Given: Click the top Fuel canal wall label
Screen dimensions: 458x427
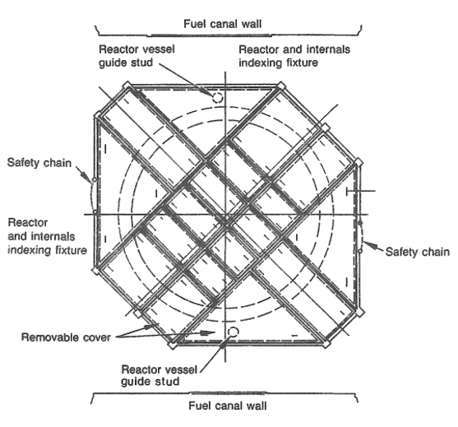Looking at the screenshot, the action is click(222, 24).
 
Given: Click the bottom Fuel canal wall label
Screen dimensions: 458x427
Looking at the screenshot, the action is click(228, 406).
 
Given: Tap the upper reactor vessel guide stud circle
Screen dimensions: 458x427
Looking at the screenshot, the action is click(217, 98).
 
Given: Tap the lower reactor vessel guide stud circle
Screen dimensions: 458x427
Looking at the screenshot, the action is click(233, 332).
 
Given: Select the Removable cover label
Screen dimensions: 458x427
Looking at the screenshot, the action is click(66, 337).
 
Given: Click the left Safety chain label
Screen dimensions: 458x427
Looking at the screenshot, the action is click(39, 163).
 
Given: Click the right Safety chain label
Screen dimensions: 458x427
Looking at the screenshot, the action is click(417, 252).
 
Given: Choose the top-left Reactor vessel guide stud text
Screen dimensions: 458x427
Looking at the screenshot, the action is click(136, 56).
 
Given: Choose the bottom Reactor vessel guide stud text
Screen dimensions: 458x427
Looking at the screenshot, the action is click(160, 375).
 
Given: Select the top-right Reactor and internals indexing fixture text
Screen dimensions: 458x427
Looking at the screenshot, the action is click(294, 56).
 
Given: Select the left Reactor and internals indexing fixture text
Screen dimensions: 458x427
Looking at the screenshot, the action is click(47, 236).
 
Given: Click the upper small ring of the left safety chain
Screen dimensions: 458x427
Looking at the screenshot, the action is click(94, 179).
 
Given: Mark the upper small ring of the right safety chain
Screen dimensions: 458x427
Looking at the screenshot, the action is click(360, 223).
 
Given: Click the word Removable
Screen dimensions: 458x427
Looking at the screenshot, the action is click(50, 337).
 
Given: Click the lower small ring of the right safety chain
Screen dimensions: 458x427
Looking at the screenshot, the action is click(360, 251).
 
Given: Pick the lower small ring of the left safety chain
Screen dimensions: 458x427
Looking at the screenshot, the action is click(95, 211).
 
